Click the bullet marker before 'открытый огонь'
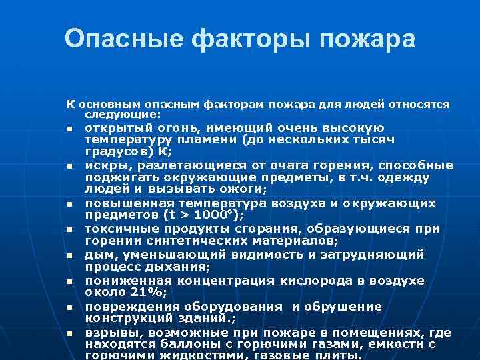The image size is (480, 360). (x=69, y=129)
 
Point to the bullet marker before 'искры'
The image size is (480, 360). (x=69, y=166)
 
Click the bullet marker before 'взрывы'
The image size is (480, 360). (x=69, y=333)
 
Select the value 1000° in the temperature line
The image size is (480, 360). (x=215, y=215)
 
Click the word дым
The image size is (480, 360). (x=96, y=254)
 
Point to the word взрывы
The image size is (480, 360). (x=109, y=332)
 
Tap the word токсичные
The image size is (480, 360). (x=117, y=229)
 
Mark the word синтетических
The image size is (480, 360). (x=185, y=241)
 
